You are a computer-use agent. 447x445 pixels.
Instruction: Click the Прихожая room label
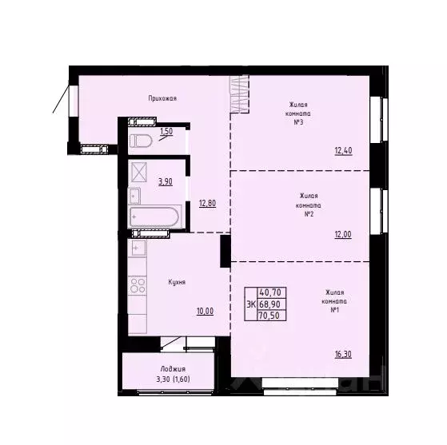click(x=162, y=98)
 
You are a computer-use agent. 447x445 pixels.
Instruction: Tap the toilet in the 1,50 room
click(x=142, y=141)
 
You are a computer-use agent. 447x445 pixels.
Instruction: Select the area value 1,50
click(x=166, y=132)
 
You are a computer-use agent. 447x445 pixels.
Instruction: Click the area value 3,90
click(x=166, y=181)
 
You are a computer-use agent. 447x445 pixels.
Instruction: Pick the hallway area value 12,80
click(x=207, y=203)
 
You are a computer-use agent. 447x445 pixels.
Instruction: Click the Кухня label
click(x=177, y=282)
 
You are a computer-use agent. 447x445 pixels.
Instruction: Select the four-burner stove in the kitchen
click(x=138, y=284)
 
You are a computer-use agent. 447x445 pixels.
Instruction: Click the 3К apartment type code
click(x=251, y=304)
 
